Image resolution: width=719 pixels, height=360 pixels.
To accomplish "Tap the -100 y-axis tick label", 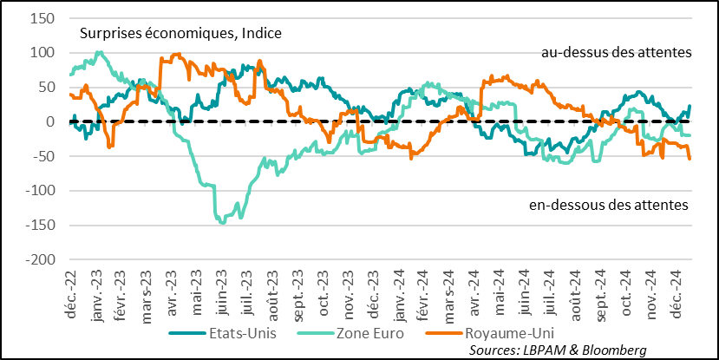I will pyautogui.click(x=40, y=191).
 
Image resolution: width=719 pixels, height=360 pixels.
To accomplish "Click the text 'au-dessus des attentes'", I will pyautogui.click(x=615, y=52).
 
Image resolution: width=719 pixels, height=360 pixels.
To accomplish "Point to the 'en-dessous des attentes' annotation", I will pyautogui.click(x=608, y=206).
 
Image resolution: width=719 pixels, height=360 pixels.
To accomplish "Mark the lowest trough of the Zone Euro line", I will pyautogui.click(x=223, y=223).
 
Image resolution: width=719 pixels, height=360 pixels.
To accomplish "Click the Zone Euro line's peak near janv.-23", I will pyautogui.click(x=99, y=52).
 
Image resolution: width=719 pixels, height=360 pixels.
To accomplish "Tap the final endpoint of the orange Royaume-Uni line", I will pyautogui.click(x=690, y=159).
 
